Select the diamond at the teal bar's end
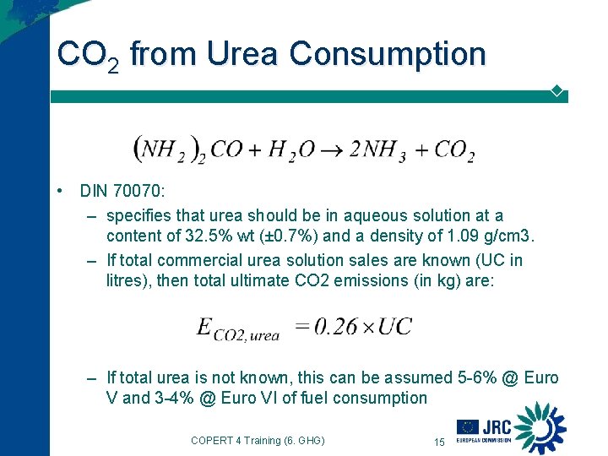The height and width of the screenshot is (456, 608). point(556,90)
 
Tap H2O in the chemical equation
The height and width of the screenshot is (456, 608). point(291,151)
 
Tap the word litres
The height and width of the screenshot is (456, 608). point(128,282)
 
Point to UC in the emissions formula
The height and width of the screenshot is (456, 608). point(394,326)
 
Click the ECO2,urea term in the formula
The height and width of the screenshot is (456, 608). point(237,329)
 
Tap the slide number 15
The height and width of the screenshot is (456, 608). point(438,442)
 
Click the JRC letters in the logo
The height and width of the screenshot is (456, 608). point(497,427)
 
